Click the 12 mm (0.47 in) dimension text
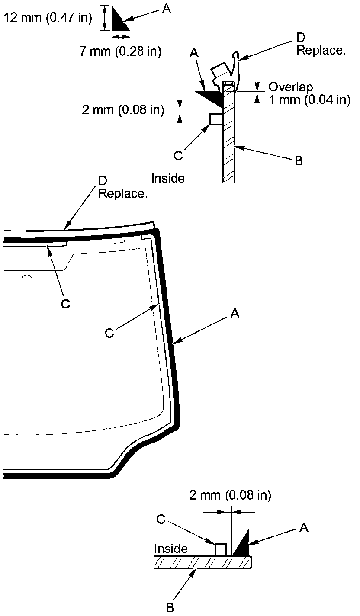[x=47, y=18]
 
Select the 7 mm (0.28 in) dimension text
[x=120, y=51]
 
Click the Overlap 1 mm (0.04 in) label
[x=309, y=93]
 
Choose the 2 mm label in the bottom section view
[x=230, y=495]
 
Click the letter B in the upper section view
[x=298, y=161]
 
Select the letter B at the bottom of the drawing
[x=170, y=608]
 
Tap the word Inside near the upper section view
[x=168, y=178]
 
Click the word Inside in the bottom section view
[x=171, y=549]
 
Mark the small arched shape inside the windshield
[x=27, y=282]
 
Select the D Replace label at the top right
[x=321, y=45]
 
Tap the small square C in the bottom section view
[x=221, y=550]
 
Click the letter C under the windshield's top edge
[x=65, y=304]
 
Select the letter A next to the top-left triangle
[x=166, y=9]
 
